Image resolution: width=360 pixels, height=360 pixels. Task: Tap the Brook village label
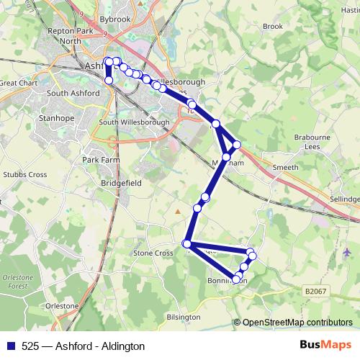click(273, 26)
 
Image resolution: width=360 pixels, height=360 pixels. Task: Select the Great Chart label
click(17, 83)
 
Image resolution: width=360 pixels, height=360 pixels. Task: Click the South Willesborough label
click(134, 122)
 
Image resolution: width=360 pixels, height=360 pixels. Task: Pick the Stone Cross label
click(153, 253)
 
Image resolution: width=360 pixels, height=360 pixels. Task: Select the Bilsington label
click(182, 317)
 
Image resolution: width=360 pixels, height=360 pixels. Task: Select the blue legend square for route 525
click(9, 345)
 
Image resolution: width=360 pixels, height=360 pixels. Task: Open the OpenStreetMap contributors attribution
click(297, 323)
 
